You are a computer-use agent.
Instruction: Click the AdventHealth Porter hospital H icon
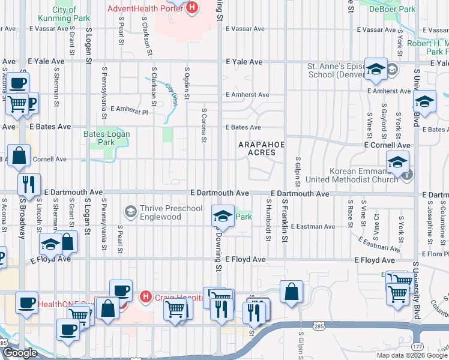point(192,8)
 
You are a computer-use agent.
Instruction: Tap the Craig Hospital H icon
point(145,296)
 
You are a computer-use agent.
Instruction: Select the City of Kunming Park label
point(71,14)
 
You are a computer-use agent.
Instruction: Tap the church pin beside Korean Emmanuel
point(407,174)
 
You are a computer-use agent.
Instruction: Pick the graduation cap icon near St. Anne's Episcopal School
point(376,70)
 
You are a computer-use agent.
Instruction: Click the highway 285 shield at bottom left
point(5,343)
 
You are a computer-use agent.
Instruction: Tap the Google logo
point(20,353)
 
